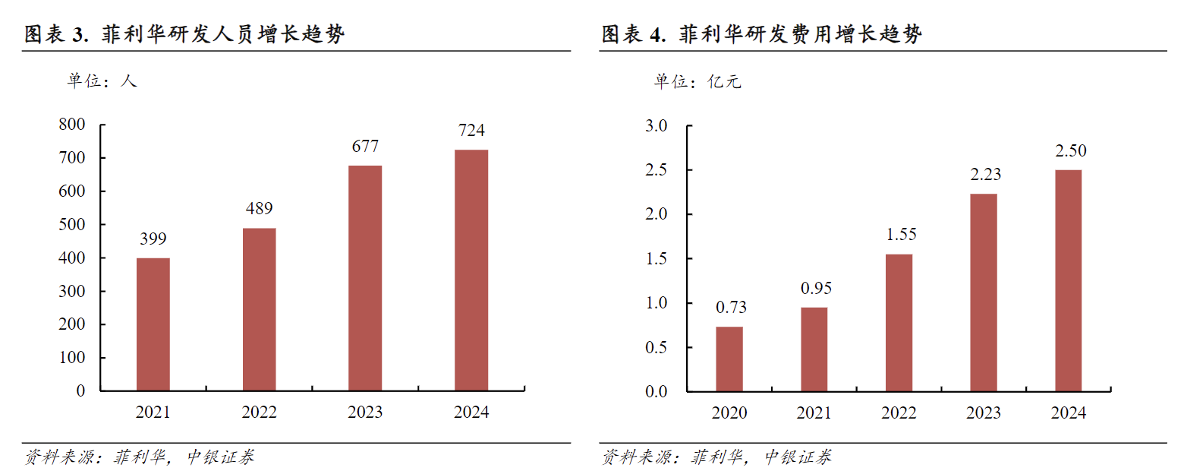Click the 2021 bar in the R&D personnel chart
click(153, 324)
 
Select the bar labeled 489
click(259, 309)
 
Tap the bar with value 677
click(365, 278)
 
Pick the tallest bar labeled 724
click(471, 270)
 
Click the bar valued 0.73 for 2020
click(729, 359)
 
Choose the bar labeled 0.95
click(814, 349)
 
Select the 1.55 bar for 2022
click(899, 323)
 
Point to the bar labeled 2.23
click(984, 292)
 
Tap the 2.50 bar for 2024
click(1069, 280)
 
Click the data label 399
click(153, 239)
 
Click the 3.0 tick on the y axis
click(656, 125)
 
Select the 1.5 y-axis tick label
click(656, 259)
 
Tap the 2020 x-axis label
click(729, 413)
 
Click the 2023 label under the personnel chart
click(365, 413)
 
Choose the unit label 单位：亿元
click(697, 82)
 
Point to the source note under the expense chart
click(716, 457)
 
